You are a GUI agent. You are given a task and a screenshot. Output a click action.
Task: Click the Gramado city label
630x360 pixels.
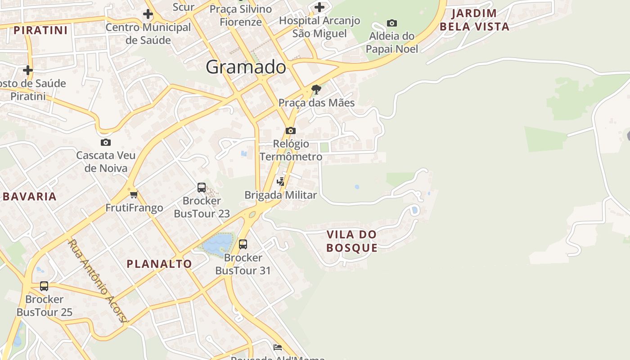pos(246,67)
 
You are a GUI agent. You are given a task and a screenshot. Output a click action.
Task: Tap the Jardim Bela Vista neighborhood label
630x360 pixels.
pos(474,20)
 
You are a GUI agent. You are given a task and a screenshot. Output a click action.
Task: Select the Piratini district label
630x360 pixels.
pos(40,30)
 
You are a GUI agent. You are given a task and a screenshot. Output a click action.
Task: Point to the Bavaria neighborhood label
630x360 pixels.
pos(30,196)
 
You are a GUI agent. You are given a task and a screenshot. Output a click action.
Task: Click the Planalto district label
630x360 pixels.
pos(159,264)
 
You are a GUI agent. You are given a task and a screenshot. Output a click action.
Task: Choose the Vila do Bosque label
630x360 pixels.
pos(351,241)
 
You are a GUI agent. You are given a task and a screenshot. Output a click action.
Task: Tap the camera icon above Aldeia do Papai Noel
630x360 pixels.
pos(392,23)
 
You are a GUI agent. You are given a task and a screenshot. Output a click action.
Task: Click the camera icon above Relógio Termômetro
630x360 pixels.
pos(291,130)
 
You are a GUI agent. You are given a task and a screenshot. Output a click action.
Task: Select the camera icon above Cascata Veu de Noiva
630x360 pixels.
pos(105,142)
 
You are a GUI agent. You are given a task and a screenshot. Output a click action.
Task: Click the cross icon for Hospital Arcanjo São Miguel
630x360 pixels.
pos(319,7)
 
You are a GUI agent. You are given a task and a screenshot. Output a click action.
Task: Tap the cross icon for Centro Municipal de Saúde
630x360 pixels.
pos(148,14)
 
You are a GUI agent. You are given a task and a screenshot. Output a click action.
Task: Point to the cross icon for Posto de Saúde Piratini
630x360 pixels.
pos(28,70)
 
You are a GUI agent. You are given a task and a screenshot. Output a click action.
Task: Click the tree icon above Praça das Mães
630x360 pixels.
pos(316,90)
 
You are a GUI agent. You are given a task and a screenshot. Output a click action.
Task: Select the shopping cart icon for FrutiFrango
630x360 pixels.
pos(134,195)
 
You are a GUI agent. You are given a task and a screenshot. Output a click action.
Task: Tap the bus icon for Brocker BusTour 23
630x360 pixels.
pos(202,187)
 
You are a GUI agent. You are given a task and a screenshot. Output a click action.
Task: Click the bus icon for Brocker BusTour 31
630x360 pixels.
pos(243,244)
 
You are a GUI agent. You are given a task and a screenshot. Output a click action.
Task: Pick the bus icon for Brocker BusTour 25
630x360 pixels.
pos(44,286)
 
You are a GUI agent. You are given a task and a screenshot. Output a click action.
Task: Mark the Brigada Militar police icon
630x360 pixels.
pos(281,181)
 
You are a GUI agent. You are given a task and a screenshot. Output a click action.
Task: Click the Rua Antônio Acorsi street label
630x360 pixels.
pos(98,281)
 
